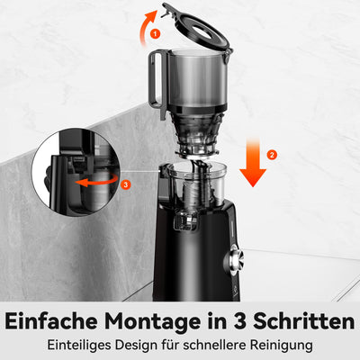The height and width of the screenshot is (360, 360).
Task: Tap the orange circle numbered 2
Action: pyautogui.click(x=273, y=155)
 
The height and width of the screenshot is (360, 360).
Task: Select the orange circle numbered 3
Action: pyautogui.click(x=126, y=185)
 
